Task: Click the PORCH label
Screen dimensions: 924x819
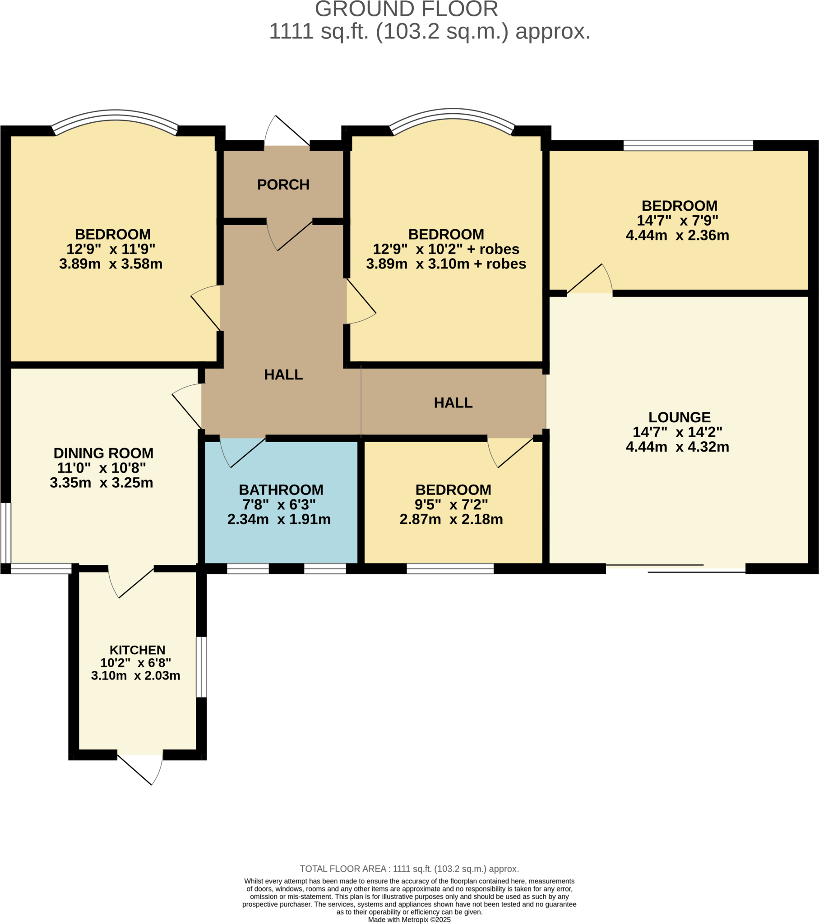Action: pyautogui.click(x=283, y=185)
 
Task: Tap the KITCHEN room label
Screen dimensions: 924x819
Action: pyautogui.click(x=138, y=650)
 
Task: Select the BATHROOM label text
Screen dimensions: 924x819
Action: pyautogui.click(x=281, y=490)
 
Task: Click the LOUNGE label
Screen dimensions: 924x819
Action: pyautogui.click(x=679, y=417)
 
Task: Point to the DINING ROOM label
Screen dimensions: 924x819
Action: pyautogui.click(x=104, y=453)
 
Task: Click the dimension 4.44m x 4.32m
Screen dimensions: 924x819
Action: pyautogui.click(x=677, y=447)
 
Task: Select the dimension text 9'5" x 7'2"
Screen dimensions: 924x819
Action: pyautogui.click(x=451, y=504)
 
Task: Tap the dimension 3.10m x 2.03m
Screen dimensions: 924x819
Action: pyautogui.click(x=136, y=675)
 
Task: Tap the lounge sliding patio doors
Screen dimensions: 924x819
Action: pyautogui.click(x=676, y=568)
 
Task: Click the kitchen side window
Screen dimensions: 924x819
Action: pyautogui.click(x=201, y=667)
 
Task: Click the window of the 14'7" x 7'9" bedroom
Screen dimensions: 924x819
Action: pyautogui.click(x=688, y=146)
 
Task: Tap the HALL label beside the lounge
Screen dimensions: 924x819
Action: pyautogui.click(x=453, y=403)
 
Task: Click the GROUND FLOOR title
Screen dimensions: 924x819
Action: pyautogui.click(x=406, y=9)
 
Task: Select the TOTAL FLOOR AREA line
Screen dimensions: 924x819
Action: pyautogui.click(x=409, y=869)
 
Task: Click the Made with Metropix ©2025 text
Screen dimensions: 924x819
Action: pyautogui.click(x=409, y=919)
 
